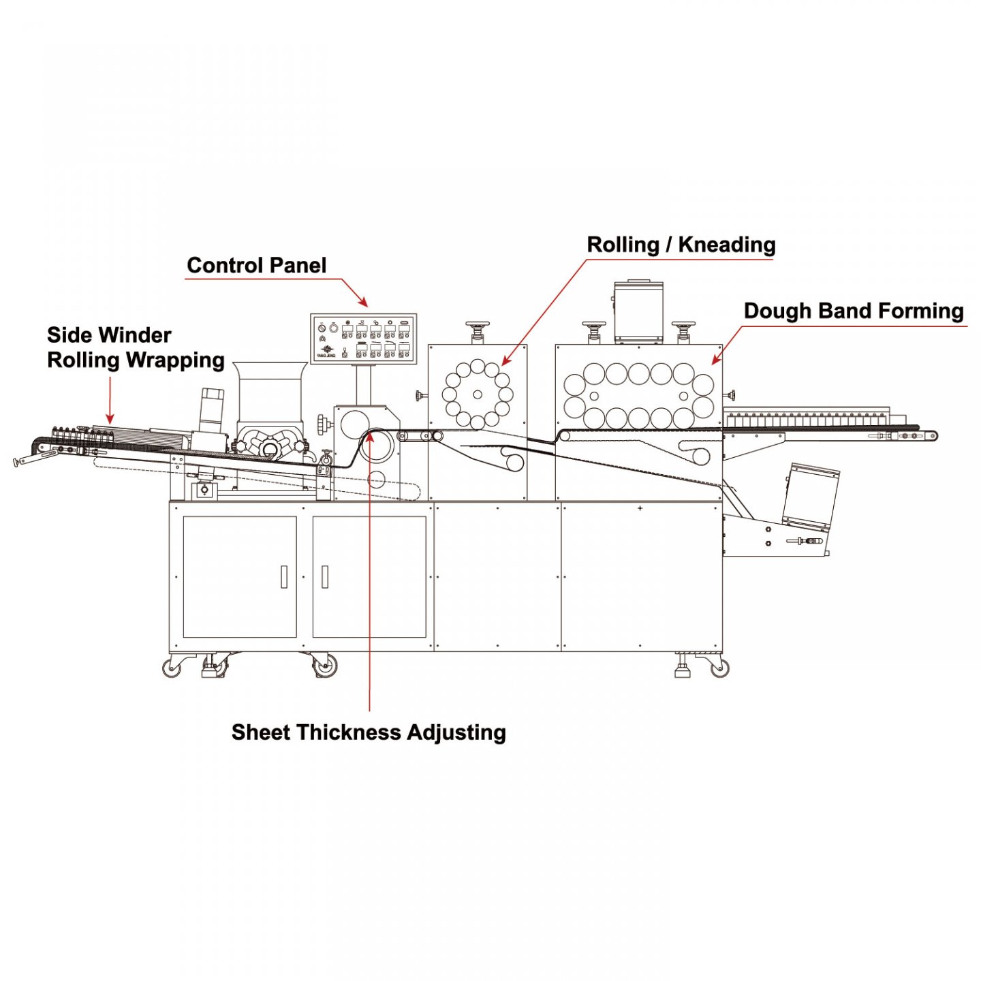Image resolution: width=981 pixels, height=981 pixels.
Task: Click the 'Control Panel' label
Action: (x=256, y=265)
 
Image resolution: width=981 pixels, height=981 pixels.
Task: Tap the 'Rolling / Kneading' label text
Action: (x=681, y=245)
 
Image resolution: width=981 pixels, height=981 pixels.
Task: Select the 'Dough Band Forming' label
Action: (x=853, y=311)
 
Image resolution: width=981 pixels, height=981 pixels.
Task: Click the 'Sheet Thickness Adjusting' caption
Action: (x=369, y=732)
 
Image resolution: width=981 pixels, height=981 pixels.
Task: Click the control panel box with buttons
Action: (x=363, y=340)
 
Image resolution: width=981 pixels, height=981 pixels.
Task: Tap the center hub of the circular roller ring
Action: (x=478, y=394)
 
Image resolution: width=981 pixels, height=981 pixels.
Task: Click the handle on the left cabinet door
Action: (x=284, y=576)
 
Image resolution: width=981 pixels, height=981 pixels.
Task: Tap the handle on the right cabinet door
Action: (x=325, y=576)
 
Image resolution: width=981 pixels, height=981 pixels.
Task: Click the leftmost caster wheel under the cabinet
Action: (x=172, y=668)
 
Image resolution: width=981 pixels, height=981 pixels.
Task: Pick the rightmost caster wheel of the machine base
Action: (x=719, y=668)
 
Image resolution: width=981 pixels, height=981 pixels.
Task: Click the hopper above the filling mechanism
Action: (x=270, y=392)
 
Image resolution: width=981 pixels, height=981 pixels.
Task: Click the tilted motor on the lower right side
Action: (x=809, y=497)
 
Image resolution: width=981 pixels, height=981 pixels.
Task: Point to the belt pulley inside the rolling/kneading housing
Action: (x=514, y=463)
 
